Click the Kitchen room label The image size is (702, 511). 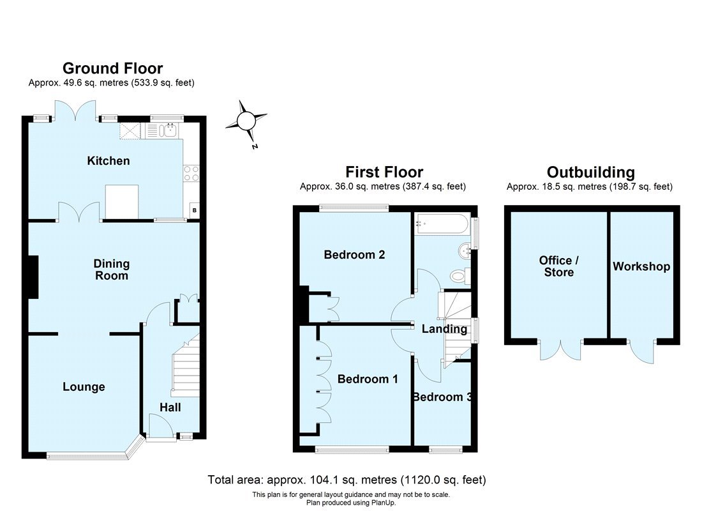108,161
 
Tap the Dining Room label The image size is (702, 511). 112,270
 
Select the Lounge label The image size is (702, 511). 84,387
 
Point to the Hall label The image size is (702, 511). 170,408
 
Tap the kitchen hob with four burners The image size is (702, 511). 191,174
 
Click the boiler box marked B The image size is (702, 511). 194,210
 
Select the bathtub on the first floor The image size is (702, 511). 442,223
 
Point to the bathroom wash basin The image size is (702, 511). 465,250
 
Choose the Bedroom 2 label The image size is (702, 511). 354,255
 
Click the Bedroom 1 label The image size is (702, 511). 368,379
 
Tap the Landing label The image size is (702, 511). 445,330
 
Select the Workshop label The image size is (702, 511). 641,267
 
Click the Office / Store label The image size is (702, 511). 559,267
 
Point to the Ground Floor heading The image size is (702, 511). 112,68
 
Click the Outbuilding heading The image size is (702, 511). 590,172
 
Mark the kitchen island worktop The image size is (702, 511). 122,202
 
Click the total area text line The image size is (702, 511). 347,480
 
